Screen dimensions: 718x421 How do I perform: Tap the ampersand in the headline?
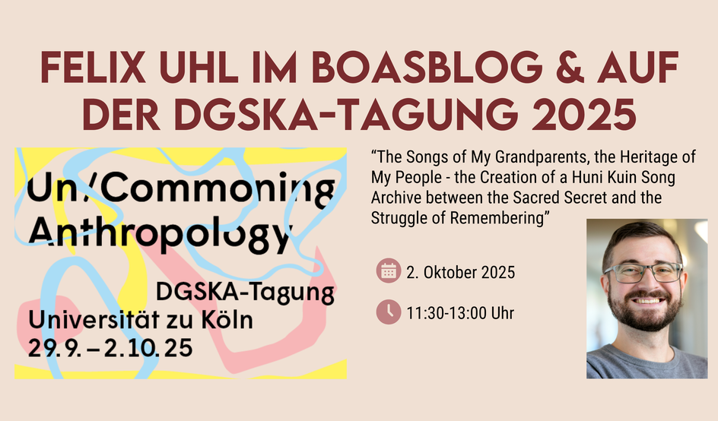568,67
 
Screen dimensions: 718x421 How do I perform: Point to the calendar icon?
389,271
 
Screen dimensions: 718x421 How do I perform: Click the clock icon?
389,312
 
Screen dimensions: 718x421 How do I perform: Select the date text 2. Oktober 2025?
461,272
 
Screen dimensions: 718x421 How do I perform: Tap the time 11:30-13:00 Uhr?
460,313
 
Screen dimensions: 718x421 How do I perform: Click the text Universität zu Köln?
141,319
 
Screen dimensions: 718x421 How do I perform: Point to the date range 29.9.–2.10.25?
110,348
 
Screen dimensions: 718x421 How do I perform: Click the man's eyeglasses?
643,272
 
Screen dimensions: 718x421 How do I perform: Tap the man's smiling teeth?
648,301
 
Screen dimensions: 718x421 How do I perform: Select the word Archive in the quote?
396,198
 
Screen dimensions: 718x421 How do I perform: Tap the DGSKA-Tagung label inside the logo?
245,293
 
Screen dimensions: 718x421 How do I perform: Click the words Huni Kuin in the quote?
605,177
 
